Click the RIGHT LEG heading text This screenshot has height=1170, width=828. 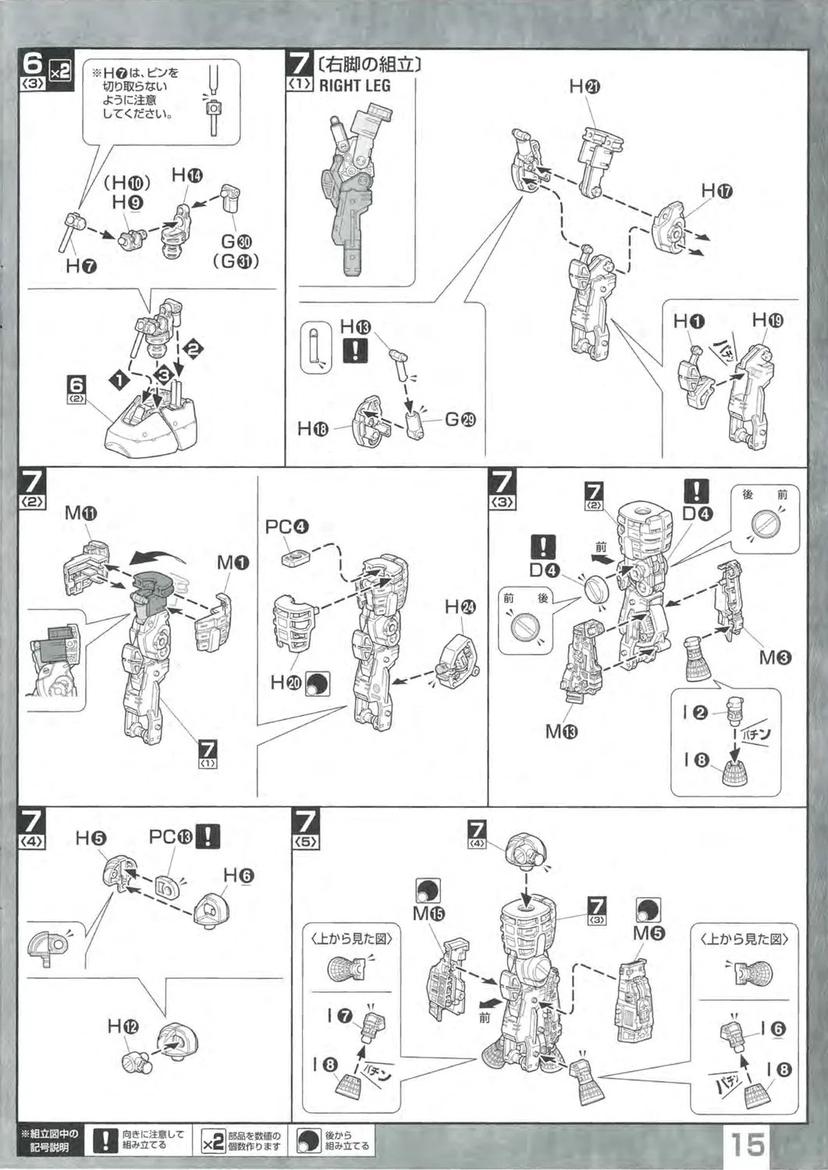click(x=354, y=85)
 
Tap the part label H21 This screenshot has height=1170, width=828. click(x=585, y=87)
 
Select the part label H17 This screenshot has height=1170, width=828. click(x=716, y=190)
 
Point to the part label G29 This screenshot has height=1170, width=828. click(x=460, y=420)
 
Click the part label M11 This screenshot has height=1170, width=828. click(x=80, y=512)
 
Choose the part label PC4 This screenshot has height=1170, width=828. click(x=287, y=527)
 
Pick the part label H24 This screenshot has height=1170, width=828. click(x=460, y=606)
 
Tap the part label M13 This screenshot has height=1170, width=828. click(x=562, y=731)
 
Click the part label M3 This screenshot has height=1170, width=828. click(x=776, y=658)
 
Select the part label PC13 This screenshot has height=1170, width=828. click(x=170, y=837)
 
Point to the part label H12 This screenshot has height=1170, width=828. click(x=123, y=1026)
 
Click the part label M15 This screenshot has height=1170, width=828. click(x=428, y=913)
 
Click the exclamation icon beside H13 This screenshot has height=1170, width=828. click(x=355, y=350)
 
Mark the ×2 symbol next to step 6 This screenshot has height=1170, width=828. click(x=59, y=71)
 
